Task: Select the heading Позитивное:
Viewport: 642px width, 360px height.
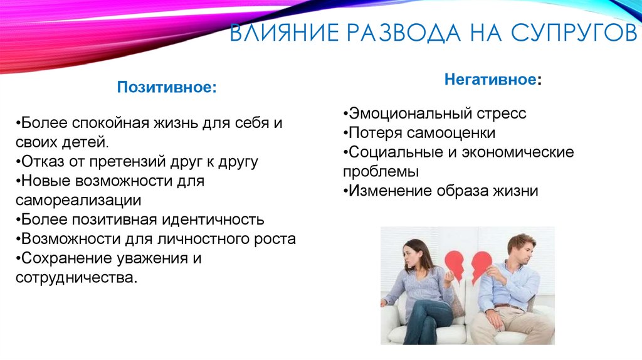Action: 167,88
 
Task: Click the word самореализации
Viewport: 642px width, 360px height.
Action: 79,200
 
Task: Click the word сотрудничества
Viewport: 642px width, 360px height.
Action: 76,277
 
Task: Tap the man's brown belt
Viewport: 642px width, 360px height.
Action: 509,307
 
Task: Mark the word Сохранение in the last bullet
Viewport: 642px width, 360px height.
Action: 60,258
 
